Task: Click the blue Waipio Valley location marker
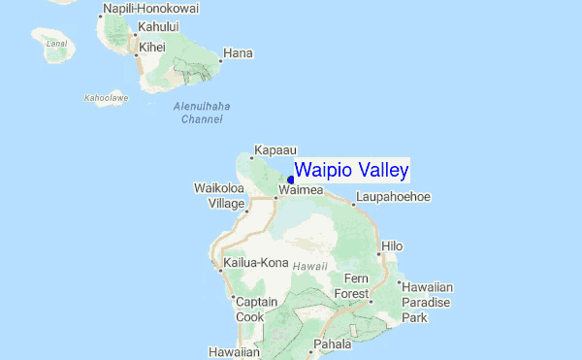coord(291,179)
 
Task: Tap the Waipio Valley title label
coord(351,171)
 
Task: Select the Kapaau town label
coord(273,150)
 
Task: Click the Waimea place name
coord(302,192)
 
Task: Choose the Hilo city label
coord(392,246)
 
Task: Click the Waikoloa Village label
coord(220,194)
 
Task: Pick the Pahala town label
coord(332,344)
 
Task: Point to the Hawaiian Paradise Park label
coord(427,302)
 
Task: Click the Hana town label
coord(238,52)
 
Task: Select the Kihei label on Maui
coord(152,47)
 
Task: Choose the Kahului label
coord(161,26)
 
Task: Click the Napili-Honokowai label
coord(150,9)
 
